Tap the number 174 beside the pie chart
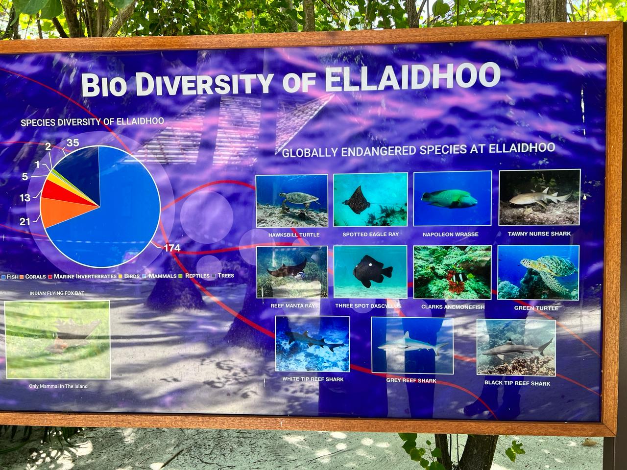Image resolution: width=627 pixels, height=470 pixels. pos(172,248)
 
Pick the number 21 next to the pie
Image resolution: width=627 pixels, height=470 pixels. pos(24,221)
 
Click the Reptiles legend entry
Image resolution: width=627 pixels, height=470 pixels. pos(194,276)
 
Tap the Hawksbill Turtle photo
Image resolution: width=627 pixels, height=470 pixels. pos(292,201)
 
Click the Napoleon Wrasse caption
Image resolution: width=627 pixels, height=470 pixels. pos(451,235)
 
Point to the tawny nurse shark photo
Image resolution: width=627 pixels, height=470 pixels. pos(539,197)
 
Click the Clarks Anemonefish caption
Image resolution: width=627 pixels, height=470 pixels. pos(453,307)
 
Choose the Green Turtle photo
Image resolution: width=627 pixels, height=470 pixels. pos(538,273)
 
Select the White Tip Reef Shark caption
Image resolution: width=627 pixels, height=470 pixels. pos(313,379)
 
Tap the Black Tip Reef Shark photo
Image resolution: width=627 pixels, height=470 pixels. pos(516,347)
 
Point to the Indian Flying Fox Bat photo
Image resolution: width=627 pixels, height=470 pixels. pos(57,340)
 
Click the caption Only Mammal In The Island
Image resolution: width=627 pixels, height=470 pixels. pos(58,386)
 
